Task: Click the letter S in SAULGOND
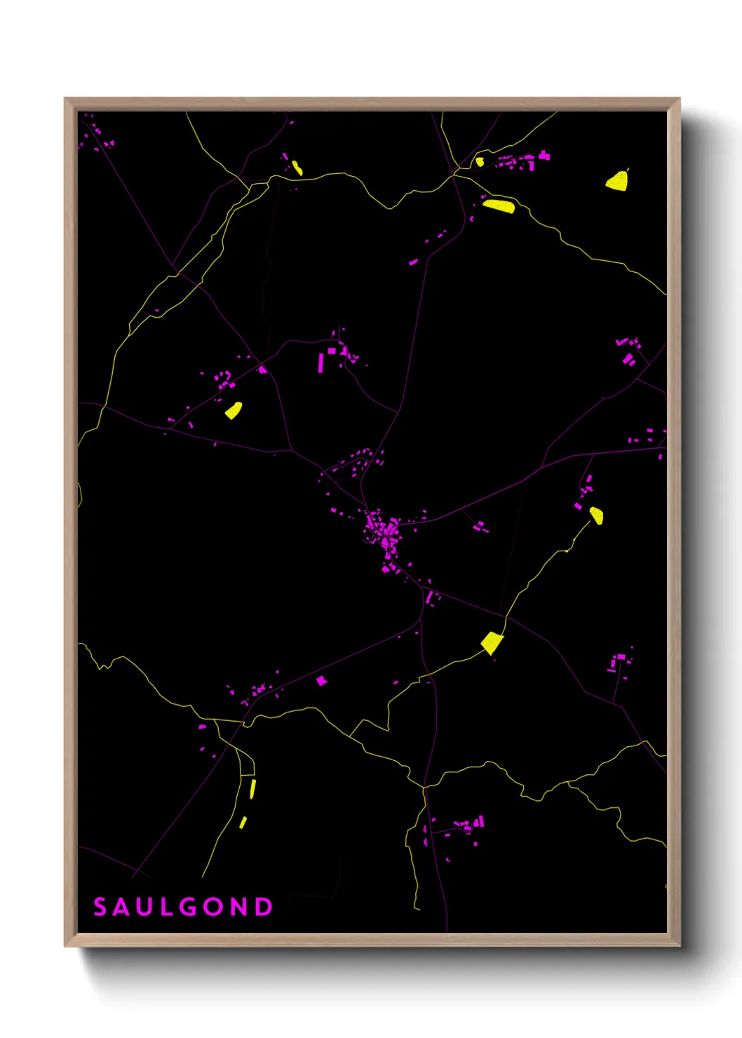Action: [x=100, y=907]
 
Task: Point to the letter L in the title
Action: [x=164, y=907]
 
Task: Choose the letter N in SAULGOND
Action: [x=238, y=907]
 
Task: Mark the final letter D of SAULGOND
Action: [x=264, y=907]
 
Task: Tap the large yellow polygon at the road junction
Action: [x=492, y=642]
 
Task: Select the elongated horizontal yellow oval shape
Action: [x=499, y=205]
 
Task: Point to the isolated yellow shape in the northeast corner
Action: [x=617, y=181]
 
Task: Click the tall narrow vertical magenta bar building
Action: [x=321, y=363]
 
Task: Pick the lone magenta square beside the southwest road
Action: [x=321, y=680]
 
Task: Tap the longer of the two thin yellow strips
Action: [x=252, y=789]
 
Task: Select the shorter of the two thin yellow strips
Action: [x=243, y=822]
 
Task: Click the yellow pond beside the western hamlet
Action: [x=234, y=410]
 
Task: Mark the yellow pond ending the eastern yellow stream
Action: [x=596, y=515]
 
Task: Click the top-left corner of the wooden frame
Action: [x=65, y=99]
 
